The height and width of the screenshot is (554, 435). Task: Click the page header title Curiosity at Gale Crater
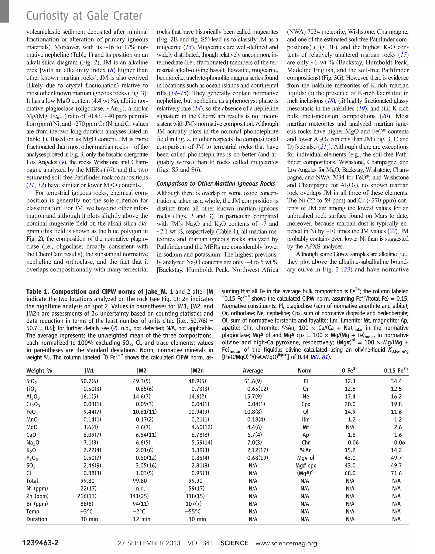(84, 16)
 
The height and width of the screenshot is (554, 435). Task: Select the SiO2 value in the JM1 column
(89, 381)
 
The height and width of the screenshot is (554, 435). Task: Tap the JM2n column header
(197, 371)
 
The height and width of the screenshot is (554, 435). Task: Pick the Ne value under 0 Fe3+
(350, 396)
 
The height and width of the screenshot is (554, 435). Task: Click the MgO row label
(32, 427)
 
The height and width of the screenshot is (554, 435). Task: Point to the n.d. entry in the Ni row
(140, 489)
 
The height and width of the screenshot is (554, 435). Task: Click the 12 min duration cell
(141, 519)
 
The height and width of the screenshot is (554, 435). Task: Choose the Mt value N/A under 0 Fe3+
(350, 427)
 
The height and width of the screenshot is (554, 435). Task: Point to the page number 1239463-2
(40, 543)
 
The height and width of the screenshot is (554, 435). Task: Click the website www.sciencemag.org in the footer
(286, 543)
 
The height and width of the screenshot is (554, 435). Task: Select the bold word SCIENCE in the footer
(234, 543)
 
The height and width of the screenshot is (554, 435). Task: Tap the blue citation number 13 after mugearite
(188, 47)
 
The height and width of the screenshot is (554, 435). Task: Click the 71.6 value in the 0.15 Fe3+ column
(396, 473)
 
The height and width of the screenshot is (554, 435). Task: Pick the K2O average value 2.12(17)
(257, 450)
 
